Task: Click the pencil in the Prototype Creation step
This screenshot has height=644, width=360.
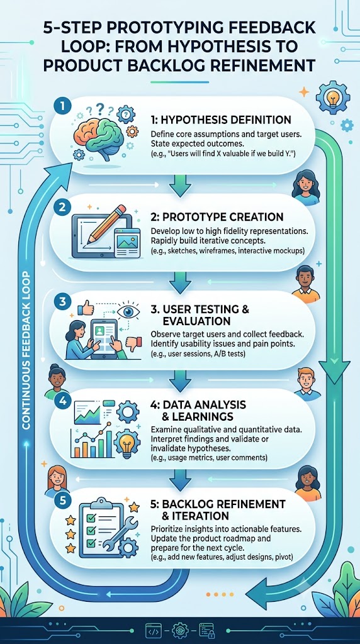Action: (x=110, y=223)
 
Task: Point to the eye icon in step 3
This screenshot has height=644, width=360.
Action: (x=128, y=311)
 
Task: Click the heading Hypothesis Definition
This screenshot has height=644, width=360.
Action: (x=221, y=120)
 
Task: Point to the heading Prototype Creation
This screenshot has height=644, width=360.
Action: (x=217, y=216)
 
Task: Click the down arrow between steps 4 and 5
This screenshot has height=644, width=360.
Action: (x=180, y=480)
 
